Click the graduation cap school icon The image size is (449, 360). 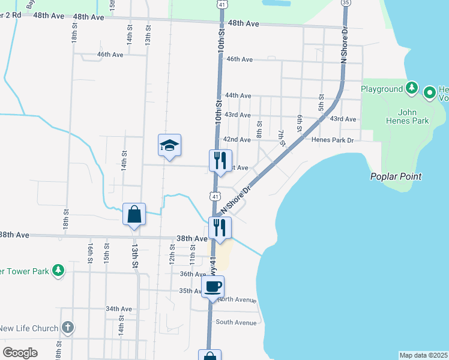pyautogui.click(x=169, y=145)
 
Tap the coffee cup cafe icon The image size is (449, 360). pyautogui.click(x=213, y=286)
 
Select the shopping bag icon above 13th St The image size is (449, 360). pyautogui.click(x=134, y=214)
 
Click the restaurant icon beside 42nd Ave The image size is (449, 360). pyautogui.click(x=220, y=161)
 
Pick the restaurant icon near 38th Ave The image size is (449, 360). pyautogui.click(x=220, y=228)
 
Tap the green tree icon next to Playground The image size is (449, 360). pyautogui.click(x=411, y=89)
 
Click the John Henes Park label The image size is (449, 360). pyautogui.click(x=414, y=116)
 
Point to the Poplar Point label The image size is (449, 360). pyautogui.click(x=395, y=176)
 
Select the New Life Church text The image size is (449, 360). pyautogui.click(x=29, y=328)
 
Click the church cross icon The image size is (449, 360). pyautogui.click(x=68, y=328)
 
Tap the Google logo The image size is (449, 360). pyautogui.click(x=20, y=352)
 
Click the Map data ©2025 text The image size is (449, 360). pyautogui.click(x=424, y=355)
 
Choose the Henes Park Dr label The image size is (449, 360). pyautogui.click(x=333, y=139)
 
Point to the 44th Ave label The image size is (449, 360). pyautogui.click(x=238, y=95)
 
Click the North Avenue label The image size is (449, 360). pyautogui.click(x=237, y=299)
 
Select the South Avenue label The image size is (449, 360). pyautogui.click(x=236, y=322)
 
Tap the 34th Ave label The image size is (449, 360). pyautogui.click(x=118, y=308)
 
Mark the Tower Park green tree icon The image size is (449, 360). pyautogui.click(x=58, y=271)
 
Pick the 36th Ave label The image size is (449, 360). pyautogui.click(x=193, y=274)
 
